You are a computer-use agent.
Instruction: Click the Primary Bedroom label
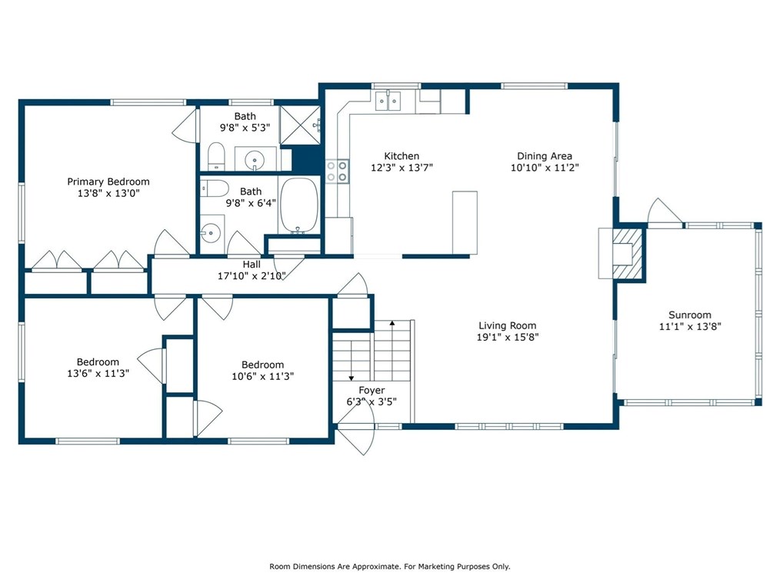click(x=108, y=182)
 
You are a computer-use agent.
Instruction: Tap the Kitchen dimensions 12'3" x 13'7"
click(x=402, y=168)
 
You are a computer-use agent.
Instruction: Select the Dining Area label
click(x=545, y=156)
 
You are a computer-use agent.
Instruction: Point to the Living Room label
click(x=508, y=326)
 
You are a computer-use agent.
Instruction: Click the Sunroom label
click(x=690, y=315)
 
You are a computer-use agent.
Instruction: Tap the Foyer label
click(x=372, y=391)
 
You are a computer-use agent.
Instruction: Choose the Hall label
click(x=252, y=264)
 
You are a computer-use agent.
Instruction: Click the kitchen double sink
click(x=388, y=101)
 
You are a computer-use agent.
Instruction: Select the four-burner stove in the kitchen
click(x=337, y=171)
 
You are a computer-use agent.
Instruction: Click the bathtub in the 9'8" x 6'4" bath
click(x=298, y=205)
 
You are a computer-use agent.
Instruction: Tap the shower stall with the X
click(x=300, y=125)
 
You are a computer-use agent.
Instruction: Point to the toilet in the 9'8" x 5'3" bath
click(x=216, y=156)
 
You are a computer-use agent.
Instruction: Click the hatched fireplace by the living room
click(x=628, y=253)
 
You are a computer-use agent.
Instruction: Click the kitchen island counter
click(x=465, y=222)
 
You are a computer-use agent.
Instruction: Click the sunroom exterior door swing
click(x=665, y=212)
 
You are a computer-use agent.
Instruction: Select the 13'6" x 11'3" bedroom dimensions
click(x=98, y=373)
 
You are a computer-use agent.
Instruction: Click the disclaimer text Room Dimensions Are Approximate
click(x=335, y=567)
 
